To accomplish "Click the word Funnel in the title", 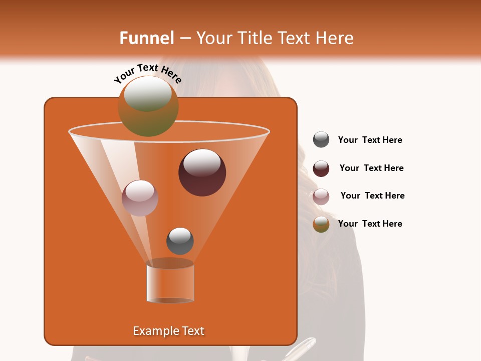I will coord(146,38).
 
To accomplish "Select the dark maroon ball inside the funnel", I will coord(202,173).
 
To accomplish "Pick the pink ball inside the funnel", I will coord(140,198).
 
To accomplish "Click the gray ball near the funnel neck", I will coord(180,241).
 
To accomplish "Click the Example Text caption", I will coord(168,331).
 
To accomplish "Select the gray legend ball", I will coord(321,140).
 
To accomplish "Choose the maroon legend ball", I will coord(321,168).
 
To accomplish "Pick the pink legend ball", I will coord(321,197).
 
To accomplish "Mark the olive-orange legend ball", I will coord(321,224).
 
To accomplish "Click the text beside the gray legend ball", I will coord(370,140).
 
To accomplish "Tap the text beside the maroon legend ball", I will coord(371,168).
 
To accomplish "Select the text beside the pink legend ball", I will coord(372,196).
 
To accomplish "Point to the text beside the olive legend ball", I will coord(370,224).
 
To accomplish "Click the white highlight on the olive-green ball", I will coord(147,94).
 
